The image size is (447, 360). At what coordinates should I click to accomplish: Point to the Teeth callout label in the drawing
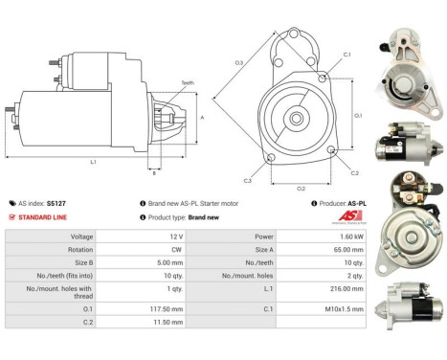(x=187, y=83)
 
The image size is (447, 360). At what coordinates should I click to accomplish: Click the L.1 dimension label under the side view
(x=93, y=162)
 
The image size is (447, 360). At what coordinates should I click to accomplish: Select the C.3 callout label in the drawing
(x=247, y=180)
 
